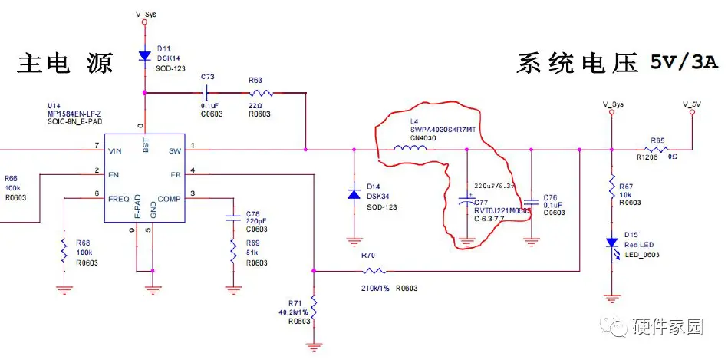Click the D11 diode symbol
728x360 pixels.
click(x=144, y=56)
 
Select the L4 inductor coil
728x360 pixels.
click(x=410, y=148)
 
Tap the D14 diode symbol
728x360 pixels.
click(x=353, y=195)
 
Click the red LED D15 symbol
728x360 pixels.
click(x=611, y=243)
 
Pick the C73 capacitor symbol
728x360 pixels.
click(x=206, y=93)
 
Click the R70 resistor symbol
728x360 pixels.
click(x=375, y=270)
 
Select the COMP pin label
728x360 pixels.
click(x=169, y=198)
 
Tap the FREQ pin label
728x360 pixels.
click(x=119, y=198)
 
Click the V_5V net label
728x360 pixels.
click(x=691, y=104)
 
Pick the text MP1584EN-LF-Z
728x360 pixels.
click(x=74, y=111)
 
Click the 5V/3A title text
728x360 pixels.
click(x=685, y=61)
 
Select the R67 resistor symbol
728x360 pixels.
click(x=611, y=187)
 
